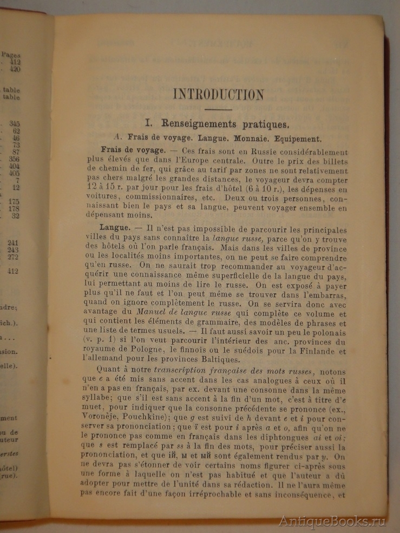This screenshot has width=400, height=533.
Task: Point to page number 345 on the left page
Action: point(15,124)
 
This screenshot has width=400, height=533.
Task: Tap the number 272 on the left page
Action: point(15,257)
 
